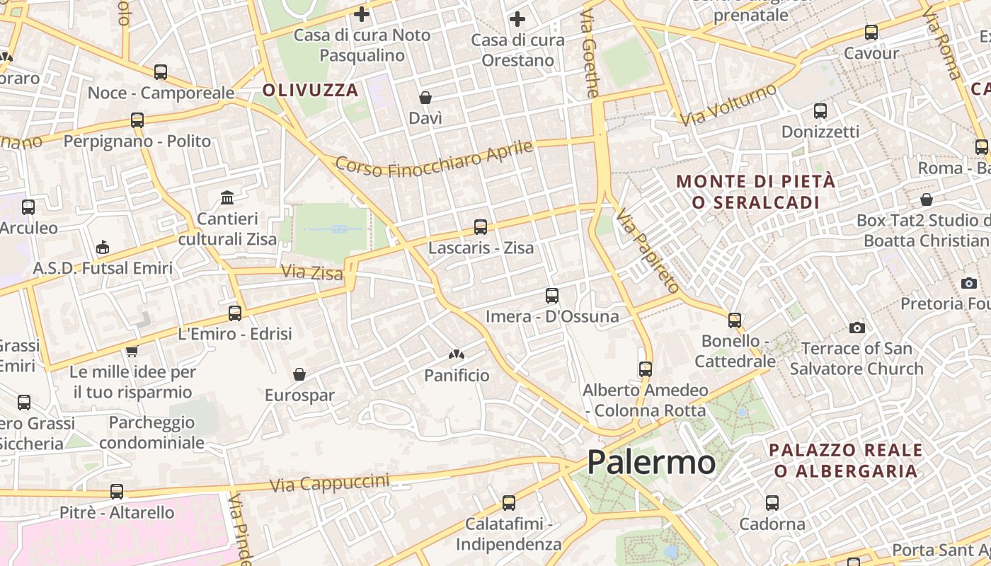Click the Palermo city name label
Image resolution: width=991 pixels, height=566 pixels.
point(651,463)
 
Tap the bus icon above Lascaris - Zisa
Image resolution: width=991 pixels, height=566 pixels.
point(481,227)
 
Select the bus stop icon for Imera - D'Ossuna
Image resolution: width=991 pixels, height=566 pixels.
point(552,296)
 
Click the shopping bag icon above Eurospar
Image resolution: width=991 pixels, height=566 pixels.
point(299,374)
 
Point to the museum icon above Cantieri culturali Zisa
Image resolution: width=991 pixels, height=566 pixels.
point(227,197)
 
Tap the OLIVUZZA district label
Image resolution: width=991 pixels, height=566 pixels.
point(311,90)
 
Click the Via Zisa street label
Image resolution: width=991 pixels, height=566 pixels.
point(311,272)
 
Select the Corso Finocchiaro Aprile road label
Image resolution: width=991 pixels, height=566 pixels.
point(433,158)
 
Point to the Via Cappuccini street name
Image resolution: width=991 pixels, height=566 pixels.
point(330,483)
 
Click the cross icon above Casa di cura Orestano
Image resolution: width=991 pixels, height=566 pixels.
point(517,19)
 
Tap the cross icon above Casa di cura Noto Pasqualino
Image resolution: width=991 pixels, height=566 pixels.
point(362,13)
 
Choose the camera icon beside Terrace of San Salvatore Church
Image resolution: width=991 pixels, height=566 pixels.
point(857,328)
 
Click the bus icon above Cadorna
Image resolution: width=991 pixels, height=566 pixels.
point(772,503)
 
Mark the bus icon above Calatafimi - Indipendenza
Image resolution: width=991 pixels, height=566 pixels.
point(508,503)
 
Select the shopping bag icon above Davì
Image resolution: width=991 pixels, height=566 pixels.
point(425,97)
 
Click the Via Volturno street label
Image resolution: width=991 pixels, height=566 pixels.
point(728,103)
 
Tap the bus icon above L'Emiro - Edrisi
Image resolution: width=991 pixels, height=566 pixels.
point(235,313)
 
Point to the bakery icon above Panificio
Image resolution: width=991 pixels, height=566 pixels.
point(457,354)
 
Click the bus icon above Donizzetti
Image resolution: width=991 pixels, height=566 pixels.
point(820,111)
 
